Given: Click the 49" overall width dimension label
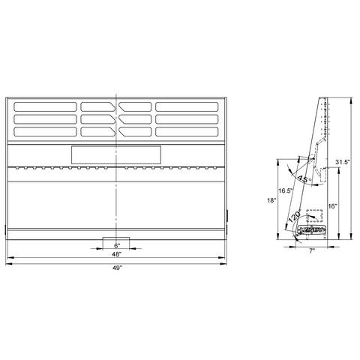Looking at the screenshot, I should click(116, 268).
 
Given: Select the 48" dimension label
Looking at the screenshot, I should click(116, 254).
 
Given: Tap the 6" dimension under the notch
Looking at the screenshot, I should click(116, 245).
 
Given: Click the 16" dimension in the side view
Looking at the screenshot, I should click(332, 205).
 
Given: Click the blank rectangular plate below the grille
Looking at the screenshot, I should click(115, 154).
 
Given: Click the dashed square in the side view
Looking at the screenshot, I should click(313, 217).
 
